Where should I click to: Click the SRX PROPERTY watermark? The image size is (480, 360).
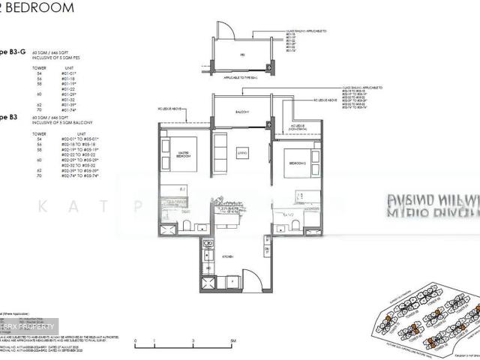[28, 327]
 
